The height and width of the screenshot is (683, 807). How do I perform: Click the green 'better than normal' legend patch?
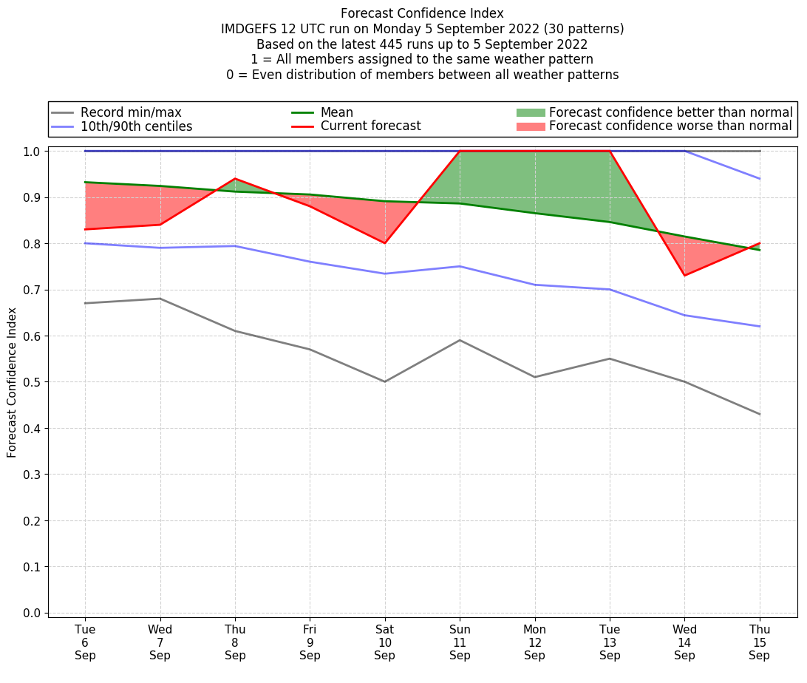(x=530, y=112)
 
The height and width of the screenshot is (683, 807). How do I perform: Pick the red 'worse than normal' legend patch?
(x=530, y=126)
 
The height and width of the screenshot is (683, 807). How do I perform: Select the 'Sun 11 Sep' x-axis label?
(x=460, y=642)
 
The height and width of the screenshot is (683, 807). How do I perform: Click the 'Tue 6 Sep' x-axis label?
(x=85, y=642)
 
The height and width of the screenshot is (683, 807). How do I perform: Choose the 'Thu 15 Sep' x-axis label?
(x=760, y=642)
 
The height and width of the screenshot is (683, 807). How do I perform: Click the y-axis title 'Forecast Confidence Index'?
(x=12, y=382)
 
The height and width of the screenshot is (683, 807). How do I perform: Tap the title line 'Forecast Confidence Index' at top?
(x=422, y=13)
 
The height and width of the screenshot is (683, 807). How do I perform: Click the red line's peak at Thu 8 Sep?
(x=235, y=178)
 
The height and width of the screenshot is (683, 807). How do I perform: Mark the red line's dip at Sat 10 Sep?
(x=385, y=243)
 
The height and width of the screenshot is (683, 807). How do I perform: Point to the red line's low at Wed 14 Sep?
(x=684, y=276)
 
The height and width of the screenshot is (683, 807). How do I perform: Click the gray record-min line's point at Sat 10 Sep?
(x=385, y=381)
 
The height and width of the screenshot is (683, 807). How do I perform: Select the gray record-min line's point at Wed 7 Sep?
(x=160, y=299)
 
